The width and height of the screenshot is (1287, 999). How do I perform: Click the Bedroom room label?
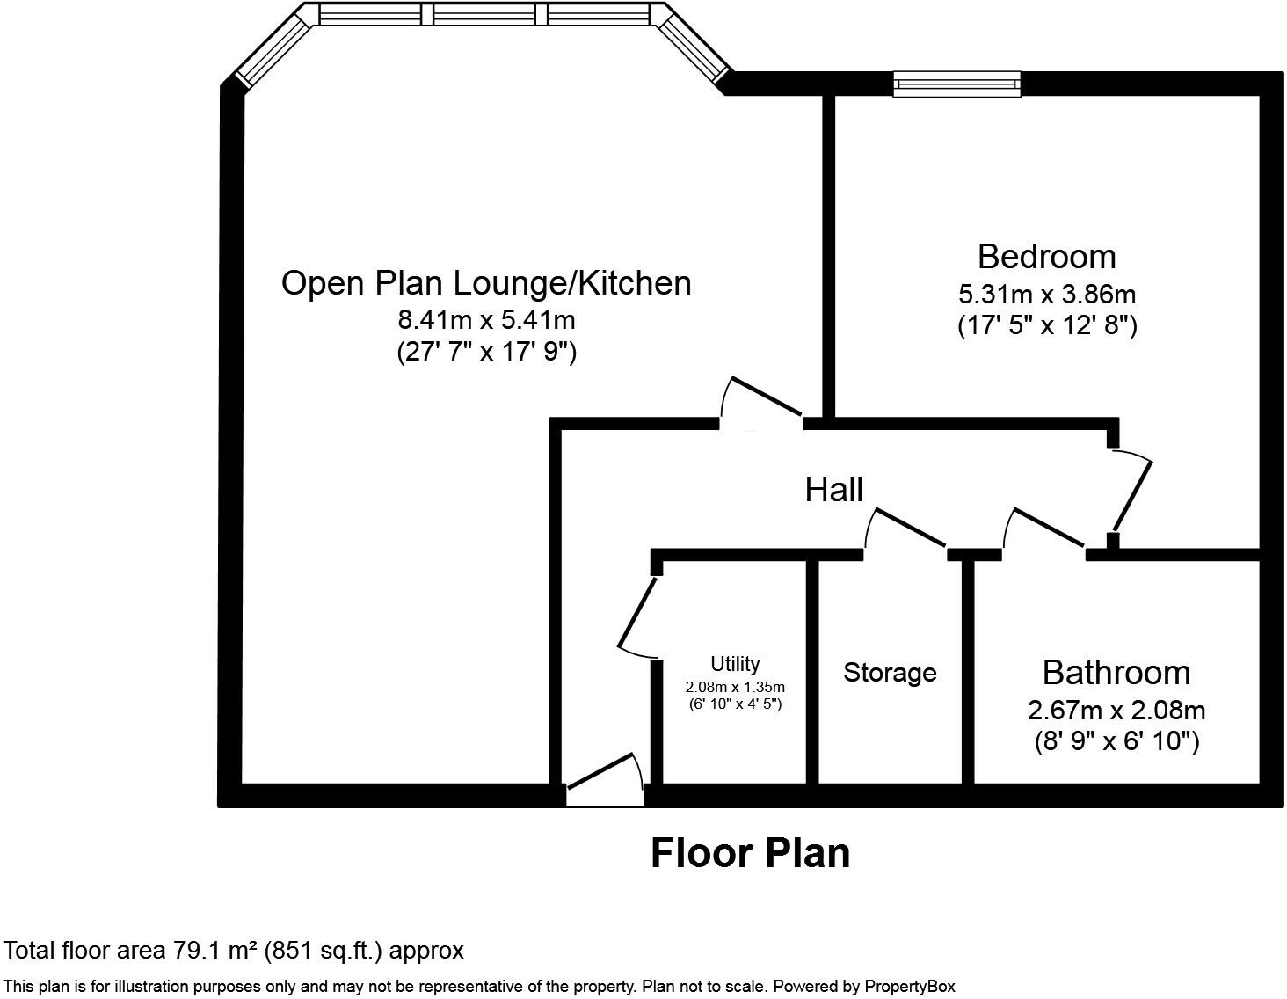(1046, 257)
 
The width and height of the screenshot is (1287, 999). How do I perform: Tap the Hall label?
(833, 490)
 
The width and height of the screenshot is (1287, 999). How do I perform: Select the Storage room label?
(890, 673)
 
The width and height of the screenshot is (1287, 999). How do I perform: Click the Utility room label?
(735, 664)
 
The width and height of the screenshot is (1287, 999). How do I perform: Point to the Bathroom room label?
(1116, 673)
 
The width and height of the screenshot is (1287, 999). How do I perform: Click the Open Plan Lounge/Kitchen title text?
(486, 283)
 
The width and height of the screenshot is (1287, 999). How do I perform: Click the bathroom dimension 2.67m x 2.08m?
(1116, 710)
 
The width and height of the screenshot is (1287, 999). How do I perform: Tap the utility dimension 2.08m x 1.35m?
(735, 687)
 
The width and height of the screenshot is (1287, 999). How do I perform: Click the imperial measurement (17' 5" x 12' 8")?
(1046, 326)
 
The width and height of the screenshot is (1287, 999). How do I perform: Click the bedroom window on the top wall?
(956, 84)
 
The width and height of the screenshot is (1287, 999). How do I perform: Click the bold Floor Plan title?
(750, 854)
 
